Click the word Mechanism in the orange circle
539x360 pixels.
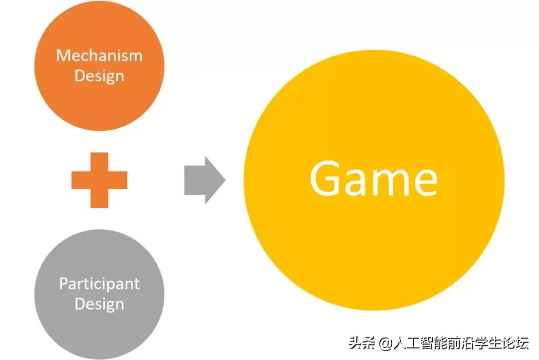(99, 55)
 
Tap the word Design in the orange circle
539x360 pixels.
(99, 76)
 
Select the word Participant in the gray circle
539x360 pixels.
(99, 284)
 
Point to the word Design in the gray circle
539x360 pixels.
(99, 304)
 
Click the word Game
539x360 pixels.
(373, 179)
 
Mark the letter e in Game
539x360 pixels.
(425, 183)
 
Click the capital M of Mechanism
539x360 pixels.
(62, 55)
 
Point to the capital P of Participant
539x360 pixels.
(63, 284)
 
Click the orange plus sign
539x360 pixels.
(99, 180)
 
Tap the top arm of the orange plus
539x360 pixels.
(99, 162)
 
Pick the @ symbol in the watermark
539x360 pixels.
(385, 344)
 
